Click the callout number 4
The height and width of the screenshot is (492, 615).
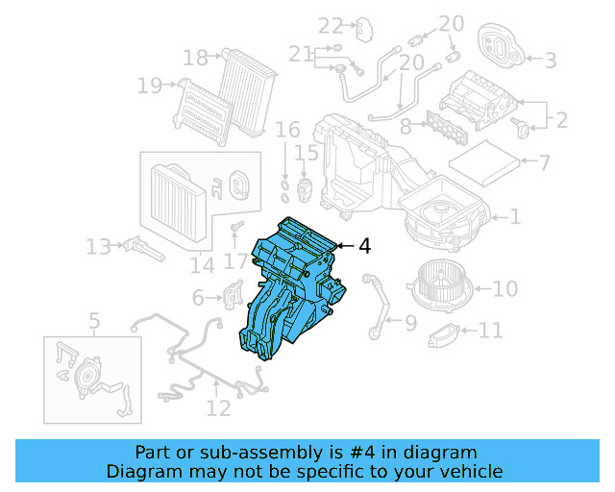(x=364, y=246)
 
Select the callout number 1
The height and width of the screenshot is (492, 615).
(x=515, y=217)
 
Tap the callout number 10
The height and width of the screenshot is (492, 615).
(x=505, y=287)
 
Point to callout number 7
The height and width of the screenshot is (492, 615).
(x=544, y=162)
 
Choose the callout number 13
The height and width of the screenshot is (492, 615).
(x=98, y=247)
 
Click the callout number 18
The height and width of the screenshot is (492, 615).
(x=195, y=59)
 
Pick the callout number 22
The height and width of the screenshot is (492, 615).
(x=331, y=25)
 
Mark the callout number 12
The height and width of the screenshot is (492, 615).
(x=218, y=408)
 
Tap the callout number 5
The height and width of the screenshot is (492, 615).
(x=94, y=321)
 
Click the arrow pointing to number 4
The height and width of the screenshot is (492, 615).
(x=344, y=246)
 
